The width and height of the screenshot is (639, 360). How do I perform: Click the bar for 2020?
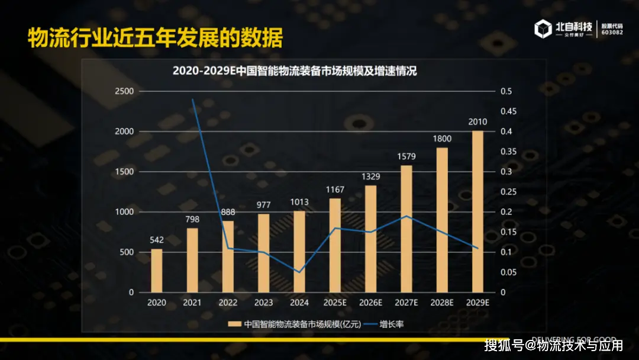(x=157, y=271)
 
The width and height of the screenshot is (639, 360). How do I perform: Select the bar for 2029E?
(x=477, y=211)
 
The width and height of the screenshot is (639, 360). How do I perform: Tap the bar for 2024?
(x=299, y=252)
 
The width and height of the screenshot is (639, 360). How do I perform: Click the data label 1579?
(x=406, y=156)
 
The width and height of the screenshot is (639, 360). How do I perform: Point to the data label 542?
(x=157, y=240)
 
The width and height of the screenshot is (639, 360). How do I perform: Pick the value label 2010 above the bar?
(x=477, y=122)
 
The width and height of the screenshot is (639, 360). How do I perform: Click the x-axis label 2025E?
(x=335, y=303)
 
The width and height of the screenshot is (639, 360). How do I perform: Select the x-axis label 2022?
(x=228, y=303)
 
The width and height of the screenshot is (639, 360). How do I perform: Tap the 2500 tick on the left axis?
(x=124, y=91)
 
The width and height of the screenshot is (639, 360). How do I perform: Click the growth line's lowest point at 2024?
(x=299, y=272)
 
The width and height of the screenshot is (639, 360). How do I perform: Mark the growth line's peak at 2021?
(x=193, y=99)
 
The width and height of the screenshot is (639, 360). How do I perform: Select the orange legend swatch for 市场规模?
(x=234, y=324)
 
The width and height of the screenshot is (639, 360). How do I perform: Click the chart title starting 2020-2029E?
(x=295, y=71)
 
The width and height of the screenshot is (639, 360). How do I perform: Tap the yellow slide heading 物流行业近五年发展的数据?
(x=156, y=38)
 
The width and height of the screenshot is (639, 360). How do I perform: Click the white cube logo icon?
(x=543, y=29)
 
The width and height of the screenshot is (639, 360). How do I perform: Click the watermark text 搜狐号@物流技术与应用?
(x=553, y=345)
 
